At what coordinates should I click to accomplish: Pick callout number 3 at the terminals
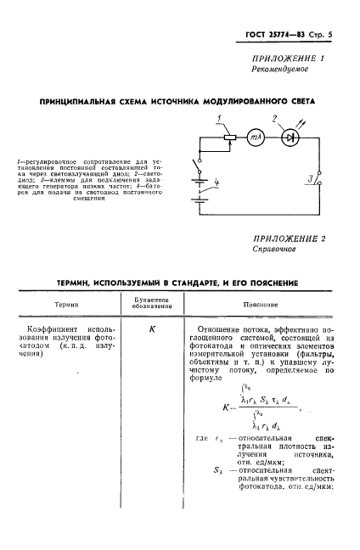click(x=312, y=179)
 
